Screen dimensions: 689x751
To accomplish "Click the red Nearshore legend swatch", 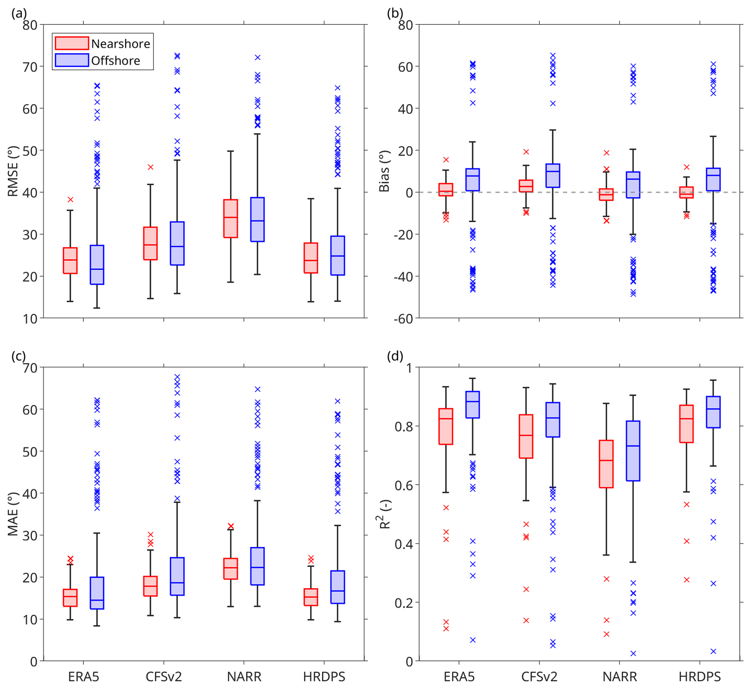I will pyautogui.click(x=71, y=43).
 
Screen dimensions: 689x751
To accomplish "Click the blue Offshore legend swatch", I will pyautogui.click(x=71, y=60).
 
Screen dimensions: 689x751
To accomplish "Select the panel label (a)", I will pyautogui.click(x=19, y=13).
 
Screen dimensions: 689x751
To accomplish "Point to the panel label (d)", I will pyautogui.click(x=395, y=356).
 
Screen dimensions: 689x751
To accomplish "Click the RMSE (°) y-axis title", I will pyautogui.click(x=13, y=171).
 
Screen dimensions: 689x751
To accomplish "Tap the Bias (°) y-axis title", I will pyautogui.click(x=384, y=171).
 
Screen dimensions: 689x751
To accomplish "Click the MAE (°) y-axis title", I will pyautogui.click(x=13, y=514).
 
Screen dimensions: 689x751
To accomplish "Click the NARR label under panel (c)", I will pyautogui.click(x=244, y=677).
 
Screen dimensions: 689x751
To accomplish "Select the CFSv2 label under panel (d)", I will pyautogui.click(x=539, y=677).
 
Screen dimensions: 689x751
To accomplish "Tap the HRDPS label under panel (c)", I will pyautogui.click(x=324, y=677).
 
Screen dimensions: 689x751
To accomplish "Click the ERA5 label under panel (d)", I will pyautogui.click(x=459, y=677).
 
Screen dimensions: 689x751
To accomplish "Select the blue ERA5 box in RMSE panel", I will pyautogui.click(x=97, y=265).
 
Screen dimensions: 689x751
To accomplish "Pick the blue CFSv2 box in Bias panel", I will pyautogui.click(x=553, y=175).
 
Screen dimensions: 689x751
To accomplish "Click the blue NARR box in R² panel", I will pyautogui.click(x=633, y=451).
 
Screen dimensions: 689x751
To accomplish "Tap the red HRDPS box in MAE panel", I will pyautogui.click(x=311, y=597).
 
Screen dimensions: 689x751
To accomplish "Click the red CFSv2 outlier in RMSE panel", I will pyautogui.click(x=150, y=167).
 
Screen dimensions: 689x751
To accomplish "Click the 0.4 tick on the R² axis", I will pyautogui.click(x=404, y=544).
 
